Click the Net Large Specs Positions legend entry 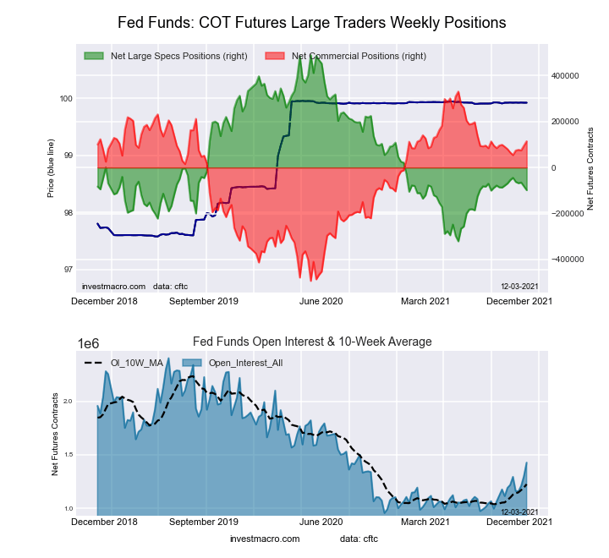(177, 56)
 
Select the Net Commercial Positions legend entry (359, 56)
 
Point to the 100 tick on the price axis (65, 99)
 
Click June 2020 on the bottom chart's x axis (321, 522)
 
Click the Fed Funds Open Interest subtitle (312, 342)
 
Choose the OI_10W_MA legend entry (135, 363)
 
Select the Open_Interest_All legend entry (244, 363)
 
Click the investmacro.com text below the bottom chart (265, 539)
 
